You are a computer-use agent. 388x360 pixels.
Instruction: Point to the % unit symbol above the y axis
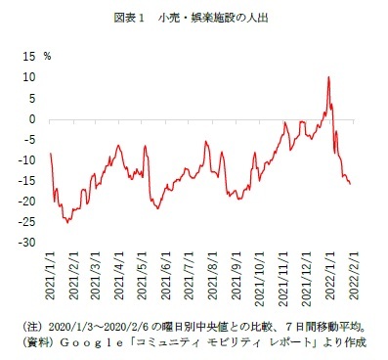[47, 57]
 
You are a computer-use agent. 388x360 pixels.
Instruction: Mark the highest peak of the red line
[328, 76]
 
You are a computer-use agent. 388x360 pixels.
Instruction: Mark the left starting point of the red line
[50, 154]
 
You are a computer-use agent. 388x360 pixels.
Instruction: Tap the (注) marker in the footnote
[30, 324]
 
